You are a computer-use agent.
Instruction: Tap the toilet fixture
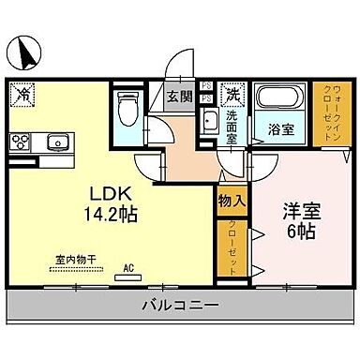[x=128, y=110]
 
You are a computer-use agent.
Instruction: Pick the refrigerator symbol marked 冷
[x=22, y=94]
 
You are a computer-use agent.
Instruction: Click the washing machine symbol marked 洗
[x=232, y=94]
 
